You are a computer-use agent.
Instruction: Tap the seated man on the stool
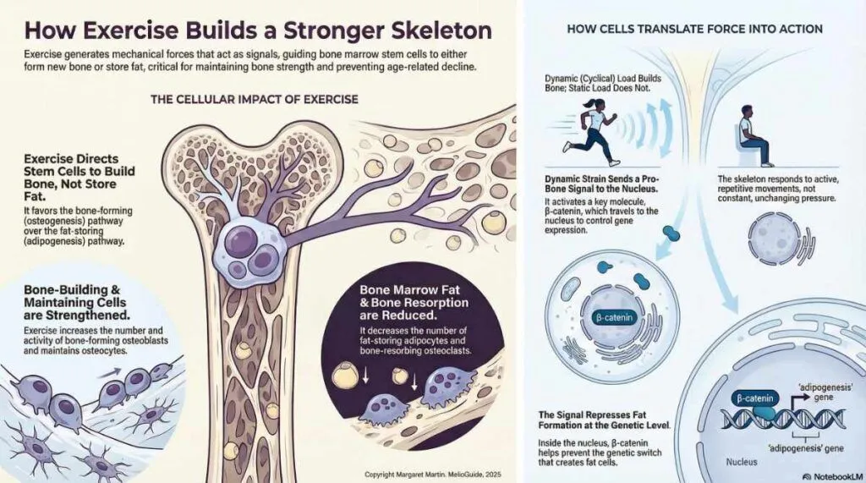coord(754,135)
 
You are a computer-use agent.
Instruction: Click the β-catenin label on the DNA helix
coord(754,398)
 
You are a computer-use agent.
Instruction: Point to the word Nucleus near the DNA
coord(741,462)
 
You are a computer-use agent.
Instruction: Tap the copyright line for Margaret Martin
coord(433,475)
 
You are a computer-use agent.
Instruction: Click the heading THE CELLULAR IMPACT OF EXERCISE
coord(255,100)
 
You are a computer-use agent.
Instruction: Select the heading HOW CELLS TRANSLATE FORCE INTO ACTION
coord(695,29)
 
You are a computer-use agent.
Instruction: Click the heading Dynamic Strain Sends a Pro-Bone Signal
coord(602,184)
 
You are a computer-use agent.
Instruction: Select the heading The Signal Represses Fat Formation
coord(604,420)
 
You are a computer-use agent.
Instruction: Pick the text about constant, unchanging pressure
coord(778,189)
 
